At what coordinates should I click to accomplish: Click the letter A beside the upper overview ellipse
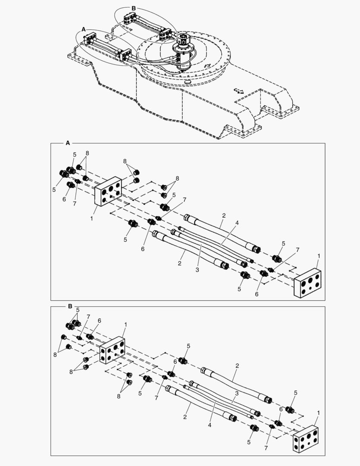(84, 29)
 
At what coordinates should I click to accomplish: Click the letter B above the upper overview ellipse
(134, 8)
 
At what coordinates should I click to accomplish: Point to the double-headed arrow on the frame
(238, 90)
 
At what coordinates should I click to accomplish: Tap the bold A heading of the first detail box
(68, 143)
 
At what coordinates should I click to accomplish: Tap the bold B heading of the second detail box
(70, 306)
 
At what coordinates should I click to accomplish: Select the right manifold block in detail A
(307, 283)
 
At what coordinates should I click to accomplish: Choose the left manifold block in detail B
(112, 350)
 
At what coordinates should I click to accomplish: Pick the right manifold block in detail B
(306, 439)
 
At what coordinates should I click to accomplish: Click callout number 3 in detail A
(197, 270)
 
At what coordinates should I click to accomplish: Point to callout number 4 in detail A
(237, 223)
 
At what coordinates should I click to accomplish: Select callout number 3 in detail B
(237, 393)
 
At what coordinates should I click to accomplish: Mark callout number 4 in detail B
(210, 425)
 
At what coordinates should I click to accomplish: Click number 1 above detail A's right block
(319, 256)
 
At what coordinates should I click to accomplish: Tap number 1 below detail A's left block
(91, 218)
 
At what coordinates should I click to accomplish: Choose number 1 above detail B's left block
(125, 324)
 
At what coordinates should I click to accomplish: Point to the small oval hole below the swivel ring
(188, 81)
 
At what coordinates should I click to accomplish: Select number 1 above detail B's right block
(319, 413)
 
